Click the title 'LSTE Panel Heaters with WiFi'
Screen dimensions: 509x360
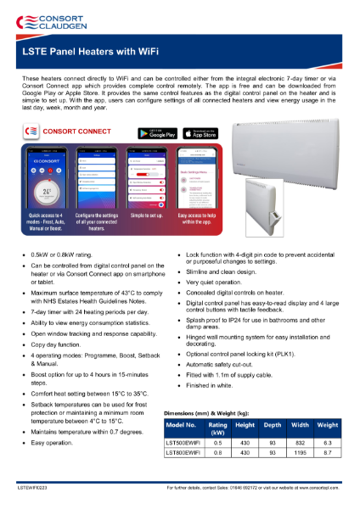coord(84,51)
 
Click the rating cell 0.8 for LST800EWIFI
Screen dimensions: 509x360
coord(218,454)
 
